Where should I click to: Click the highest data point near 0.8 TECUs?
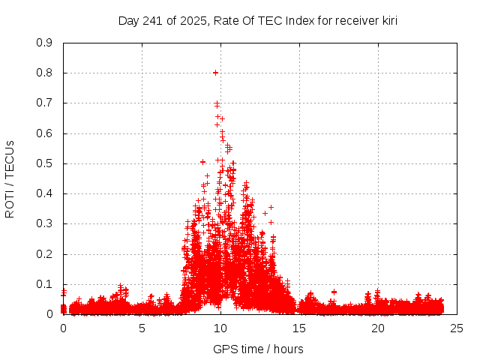pos(215,73)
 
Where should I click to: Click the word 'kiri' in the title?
pos(387,21)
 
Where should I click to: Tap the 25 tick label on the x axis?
pos(457,328)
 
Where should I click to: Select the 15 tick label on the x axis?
pos(299,328)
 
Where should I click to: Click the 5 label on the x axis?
pos(142,328)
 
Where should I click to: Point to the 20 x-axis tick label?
pos(378,328)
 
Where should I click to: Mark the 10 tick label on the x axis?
pos(220,328)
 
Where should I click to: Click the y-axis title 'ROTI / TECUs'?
pos(10,178)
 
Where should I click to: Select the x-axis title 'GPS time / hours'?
pos(258,349)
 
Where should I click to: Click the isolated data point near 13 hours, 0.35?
pos(271,207)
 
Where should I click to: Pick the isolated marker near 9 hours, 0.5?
pos(202,161)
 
